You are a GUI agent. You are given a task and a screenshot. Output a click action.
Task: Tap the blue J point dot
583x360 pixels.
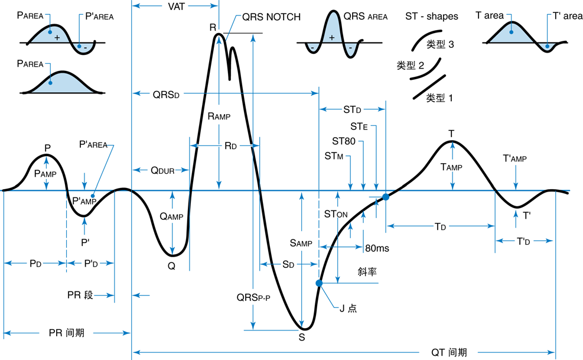(x=320, y=283)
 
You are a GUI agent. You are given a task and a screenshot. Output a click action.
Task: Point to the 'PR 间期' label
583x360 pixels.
(x=66, y=333)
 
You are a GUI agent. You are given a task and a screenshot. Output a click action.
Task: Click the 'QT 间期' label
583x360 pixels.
(x=449, y=352)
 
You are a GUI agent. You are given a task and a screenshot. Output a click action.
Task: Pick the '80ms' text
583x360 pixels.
(x=377, y=248)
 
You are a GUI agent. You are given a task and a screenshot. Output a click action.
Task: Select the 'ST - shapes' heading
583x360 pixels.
(x=432, y=17)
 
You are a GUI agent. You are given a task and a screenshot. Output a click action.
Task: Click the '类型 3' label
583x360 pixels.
(x=439, y=44)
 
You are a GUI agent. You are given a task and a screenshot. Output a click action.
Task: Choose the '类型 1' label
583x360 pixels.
(x=439, y=98)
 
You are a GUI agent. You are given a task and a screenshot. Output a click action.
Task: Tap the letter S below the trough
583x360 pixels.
(x=302, y=338)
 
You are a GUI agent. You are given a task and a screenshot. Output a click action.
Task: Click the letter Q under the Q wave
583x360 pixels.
(x=171, y=266)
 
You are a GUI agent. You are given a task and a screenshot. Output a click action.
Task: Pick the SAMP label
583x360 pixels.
(x=301, y=242)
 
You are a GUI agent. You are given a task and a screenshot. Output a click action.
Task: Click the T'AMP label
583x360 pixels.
(x=514, y=158)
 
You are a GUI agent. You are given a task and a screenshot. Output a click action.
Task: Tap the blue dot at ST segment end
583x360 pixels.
(x=386, y=197)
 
